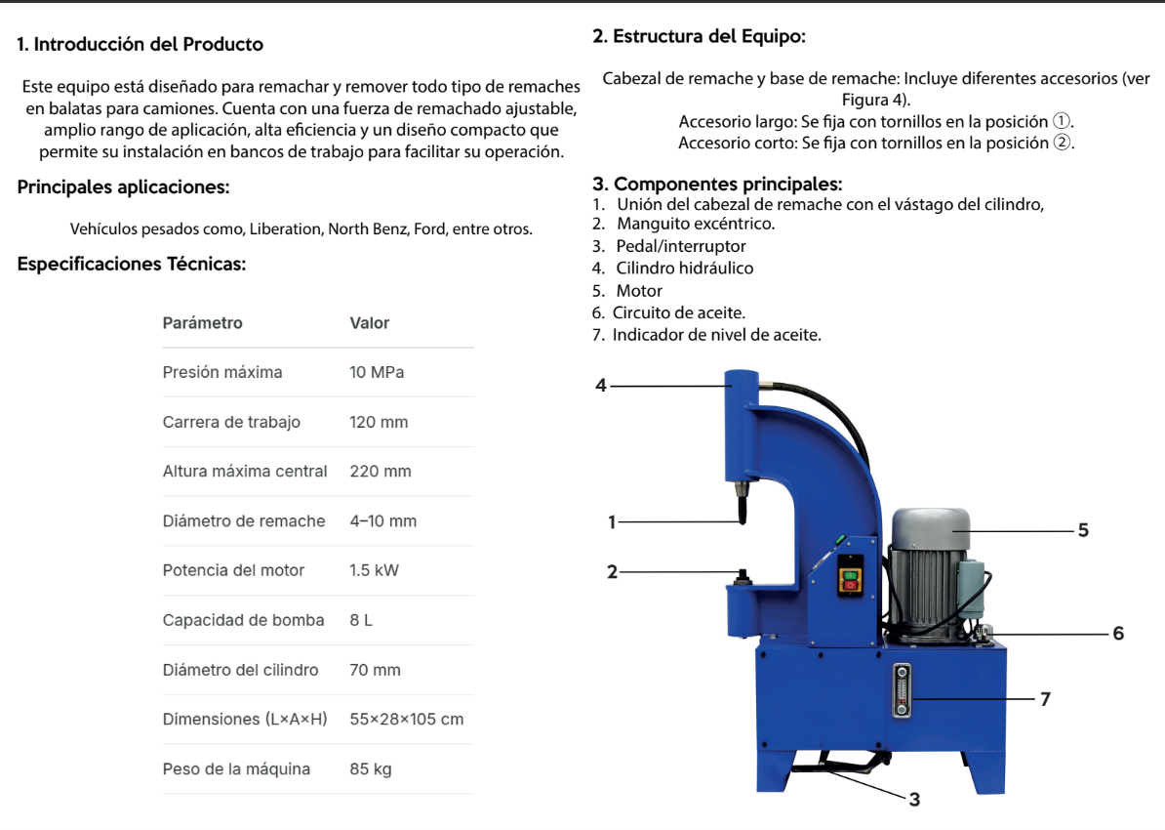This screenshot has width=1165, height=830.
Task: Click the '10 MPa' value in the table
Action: (377, 372)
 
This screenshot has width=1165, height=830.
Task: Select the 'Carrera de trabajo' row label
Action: (231, 422)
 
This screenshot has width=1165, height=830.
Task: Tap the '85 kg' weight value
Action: (371, 768)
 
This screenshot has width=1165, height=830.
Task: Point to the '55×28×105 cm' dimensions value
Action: (407, 719)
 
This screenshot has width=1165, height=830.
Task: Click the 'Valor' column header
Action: (370, 322)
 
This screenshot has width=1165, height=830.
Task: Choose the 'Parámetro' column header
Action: (203, 322)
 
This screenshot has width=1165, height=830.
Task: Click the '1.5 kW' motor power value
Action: (375, 570)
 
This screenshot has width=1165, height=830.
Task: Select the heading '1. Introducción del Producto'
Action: (141, 44)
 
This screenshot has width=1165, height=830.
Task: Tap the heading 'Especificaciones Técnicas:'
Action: (132, 264)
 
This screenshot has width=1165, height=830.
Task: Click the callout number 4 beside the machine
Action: (601, 386)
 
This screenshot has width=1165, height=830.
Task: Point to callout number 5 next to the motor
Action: (1083, 530)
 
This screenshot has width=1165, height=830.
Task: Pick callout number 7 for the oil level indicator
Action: (1046, 699)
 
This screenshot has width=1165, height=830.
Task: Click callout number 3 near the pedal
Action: (914, 800)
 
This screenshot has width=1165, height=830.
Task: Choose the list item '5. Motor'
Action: (627, 290)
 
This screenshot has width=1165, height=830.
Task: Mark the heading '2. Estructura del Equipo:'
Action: (700, 37)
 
